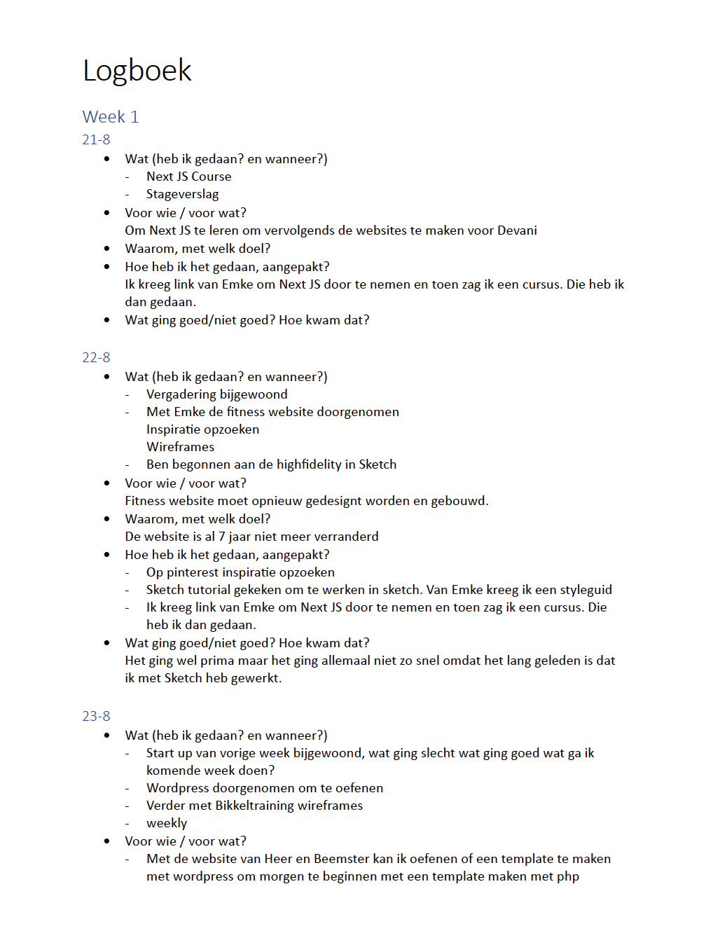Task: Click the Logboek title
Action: [x=137, y=71]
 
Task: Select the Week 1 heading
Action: [x=111, y=117]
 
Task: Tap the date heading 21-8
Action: [x=96, y=139]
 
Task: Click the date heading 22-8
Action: [x=96, y=357]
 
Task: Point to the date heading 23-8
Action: [x=96, y=716]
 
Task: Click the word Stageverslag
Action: [x=182, y=194]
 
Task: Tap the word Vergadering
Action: [x=181, y=394]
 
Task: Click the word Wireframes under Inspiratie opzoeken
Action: [x=180, y=447]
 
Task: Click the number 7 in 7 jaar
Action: [x=221, y=537]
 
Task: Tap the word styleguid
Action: [x=586, y=590]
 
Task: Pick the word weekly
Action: [x=167, y=823]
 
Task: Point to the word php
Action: [x=568, y=876]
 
